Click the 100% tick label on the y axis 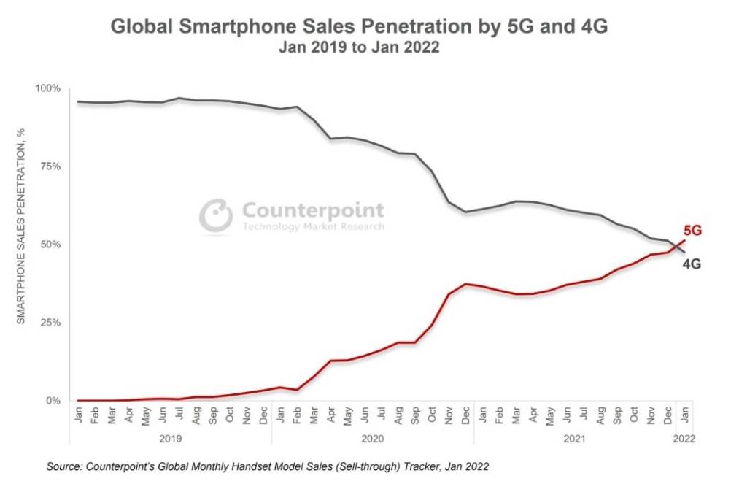tap(48, 88)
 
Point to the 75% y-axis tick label tap(51, 166)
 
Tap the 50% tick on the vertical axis tap(51, 245)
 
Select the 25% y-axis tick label tap(51, 323)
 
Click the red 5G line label tap(692, 231)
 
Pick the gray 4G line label tap(692, 264)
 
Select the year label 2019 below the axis tap(169, 439)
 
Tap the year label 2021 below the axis tap(574, 439)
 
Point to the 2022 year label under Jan tap(684, 439)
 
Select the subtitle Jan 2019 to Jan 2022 tap(359, 47)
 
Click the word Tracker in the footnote tap(443, 465)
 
